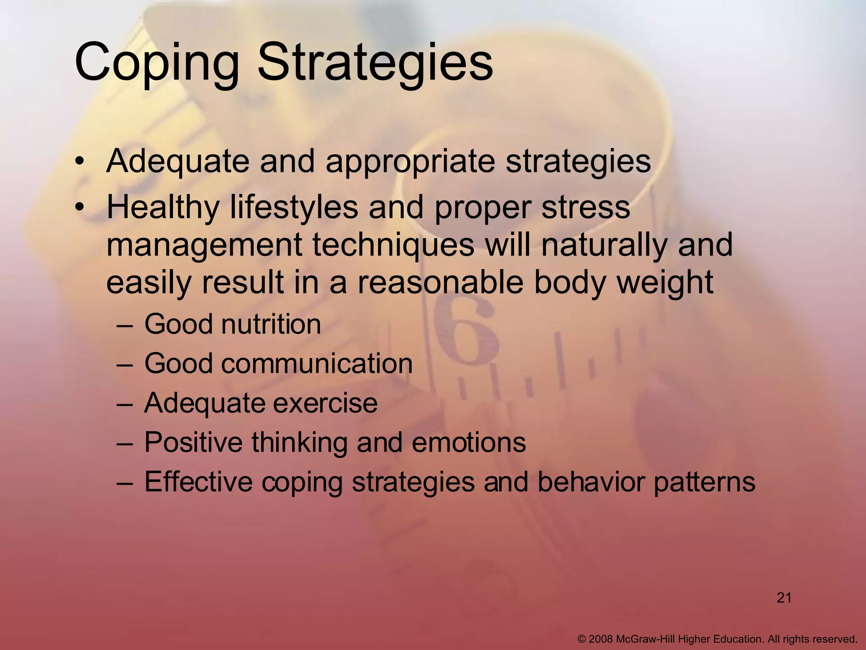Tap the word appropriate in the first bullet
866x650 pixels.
click(409, 162)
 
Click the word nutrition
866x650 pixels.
click(271, 325)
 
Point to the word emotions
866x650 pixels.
click(469, 443)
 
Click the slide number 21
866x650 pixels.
click(784, 598)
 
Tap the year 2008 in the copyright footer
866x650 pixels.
click(600, 639)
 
